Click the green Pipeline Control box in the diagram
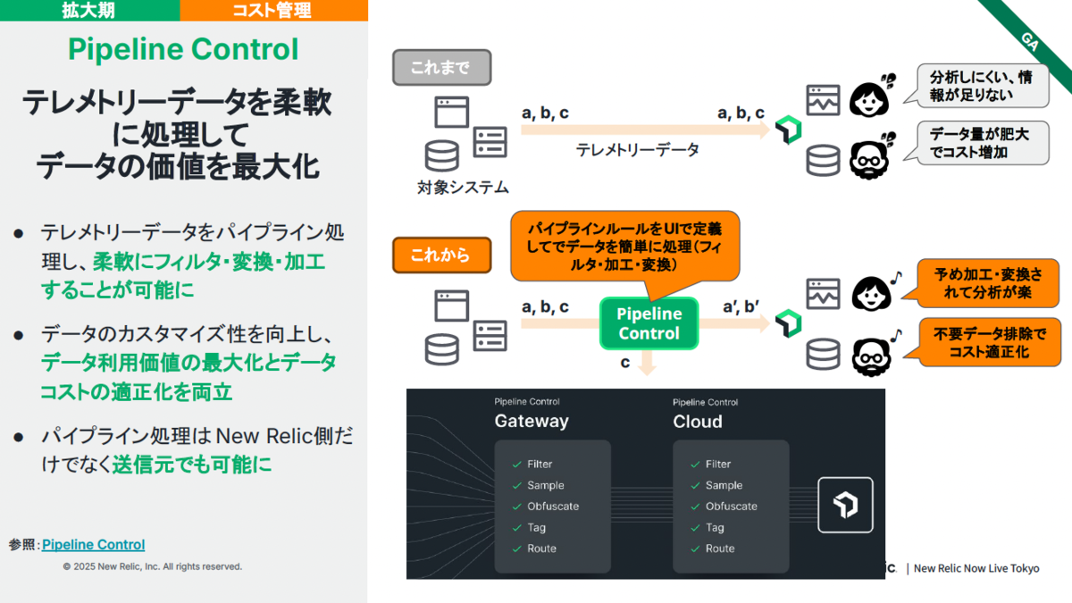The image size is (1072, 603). point(649,323)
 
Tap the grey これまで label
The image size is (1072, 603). point(441,68)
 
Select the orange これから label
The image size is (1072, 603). point(441,255)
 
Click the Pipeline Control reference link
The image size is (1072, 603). point(93,545)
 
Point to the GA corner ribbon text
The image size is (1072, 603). point(1030,42)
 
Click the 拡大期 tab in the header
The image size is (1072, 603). point(88,10)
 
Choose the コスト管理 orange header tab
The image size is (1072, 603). point(273,10)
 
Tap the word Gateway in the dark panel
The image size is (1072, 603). point(532,421)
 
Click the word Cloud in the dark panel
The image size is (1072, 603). point(698,422)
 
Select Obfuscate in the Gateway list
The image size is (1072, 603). point(553,507)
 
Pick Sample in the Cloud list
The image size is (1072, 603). point(724,485)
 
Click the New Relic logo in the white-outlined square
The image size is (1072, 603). point(845,505)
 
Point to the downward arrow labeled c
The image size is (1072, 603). point(647,363)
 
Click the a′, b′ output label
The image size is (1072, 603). point(741,306)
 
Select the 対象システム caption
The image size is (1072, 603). point(463,188)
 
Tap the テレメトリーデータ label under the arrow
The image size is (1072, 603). point(638,150)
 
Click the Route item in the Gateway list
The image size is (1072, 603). point(541,549)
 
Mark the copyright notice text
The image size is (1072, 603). point(152,566)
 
